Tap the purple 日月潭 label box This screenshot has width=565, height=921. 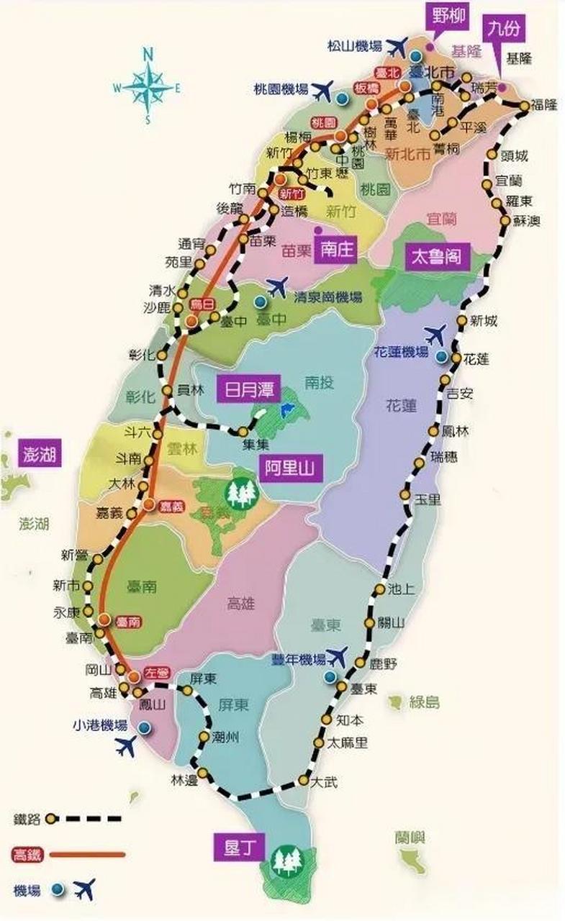[x=244, y=392]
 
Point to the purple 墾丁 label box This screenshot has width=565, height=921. [x=230, y=846]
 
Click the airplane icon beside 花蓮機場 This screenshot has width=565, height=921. [x=435, y=335]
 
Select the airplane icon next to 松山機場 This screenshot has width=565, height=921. [x=397, y=47]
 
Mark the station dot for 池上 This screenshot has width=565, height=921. [x=379, y=589]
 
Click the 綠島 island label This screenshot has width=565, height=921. [x=424, y=702]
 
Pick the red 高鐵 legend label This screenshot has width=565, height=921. [x=27, y=855]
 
